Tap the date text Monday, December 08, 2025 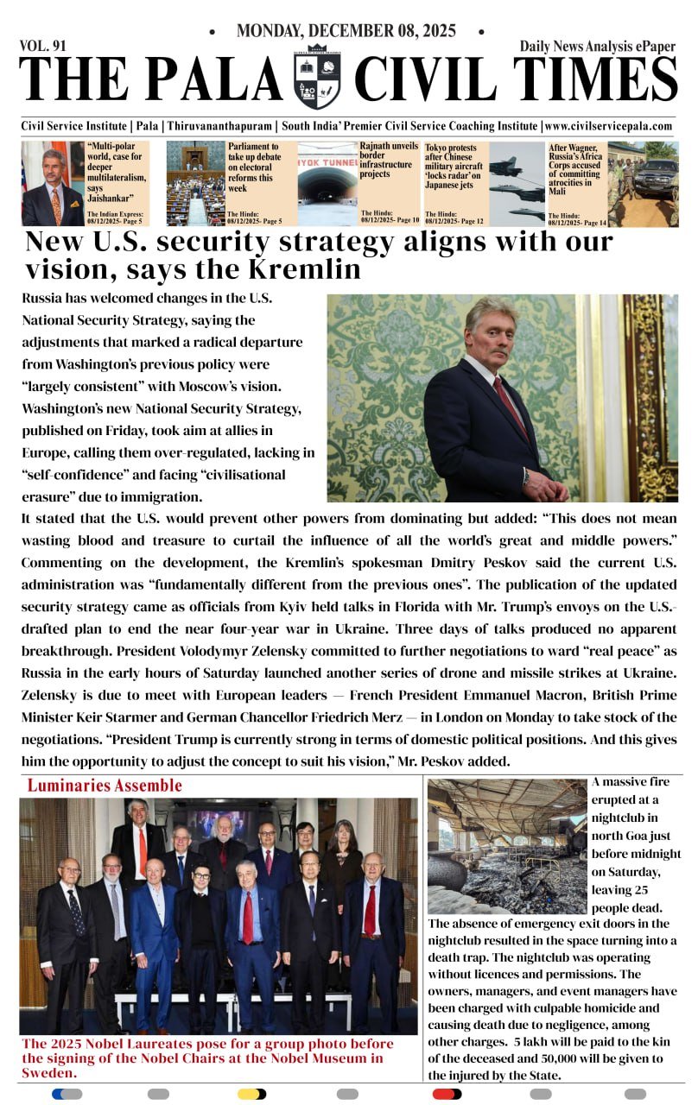pos(346,31)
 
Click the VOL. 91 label pos(43,46)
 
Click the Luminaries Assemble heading pos(105,786)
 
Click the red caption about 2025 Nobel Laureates pos(207,1058)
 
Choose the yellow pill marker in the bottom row pos(251,1094)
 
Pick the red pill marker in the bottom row pos(447,1094)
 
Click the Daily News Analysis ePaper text pos(598,47)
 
